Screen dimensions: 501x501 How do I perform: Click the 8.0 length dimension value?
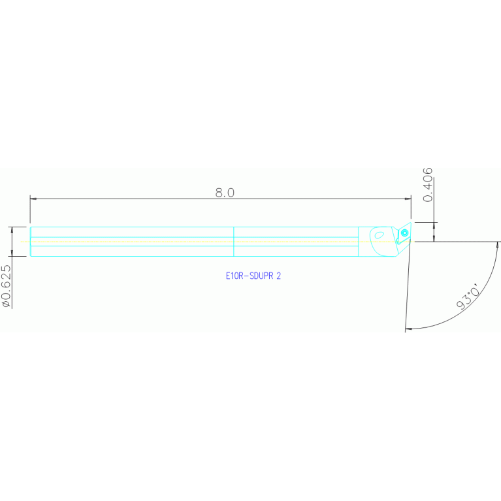click(225, 193)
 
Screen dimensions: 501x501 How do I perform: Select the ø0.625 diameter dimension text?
click(7, 286)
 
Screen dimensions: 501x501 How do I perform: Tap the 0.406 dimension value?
click(428, 185)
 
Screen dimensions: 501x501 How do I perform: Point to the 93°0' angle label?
click(468, 297)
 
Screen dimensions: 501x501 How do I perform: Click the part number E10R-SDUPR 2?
click(253, 276)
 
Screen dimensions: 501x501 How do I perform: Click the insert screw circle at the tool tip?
click(405, 233)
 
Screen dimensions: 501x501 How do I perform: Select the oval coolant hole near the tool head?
click(380, 235)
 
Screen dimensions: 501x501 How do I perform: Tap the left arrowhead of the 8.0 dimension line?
click(33, 199)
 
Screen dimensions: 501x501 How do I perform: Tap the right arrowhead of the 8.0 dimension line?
click(408, 199)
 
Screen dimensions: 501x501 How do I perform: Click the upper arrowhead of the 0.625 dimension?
click(12, 230)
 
